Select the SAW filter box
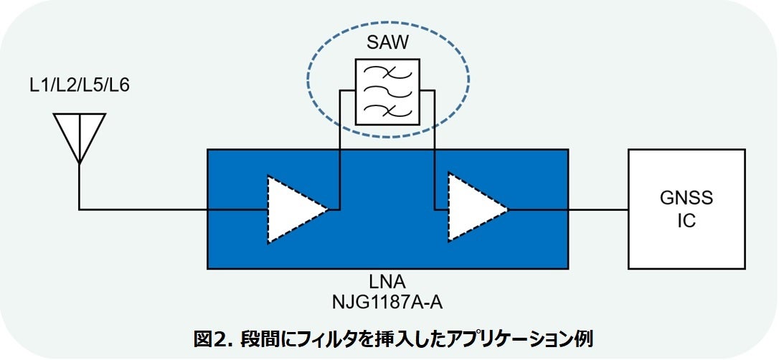pos(388,92)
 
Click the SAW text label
pos(387,42)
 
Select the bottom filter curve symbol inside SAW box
pos(388,110)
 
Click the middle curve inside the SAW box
pos(388,91)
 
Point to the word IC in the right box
pos(685,220)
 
